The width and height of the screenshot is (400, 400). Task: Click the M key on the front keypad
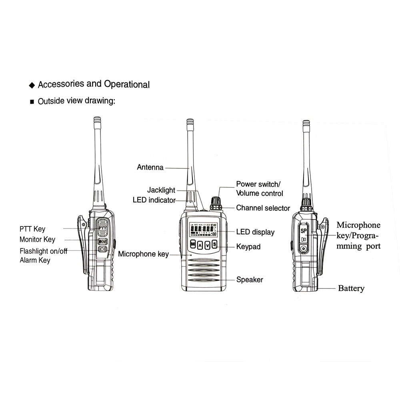(x=193, y=244)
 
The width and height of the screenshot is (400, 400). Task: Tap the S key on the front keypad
(x=214, y=244)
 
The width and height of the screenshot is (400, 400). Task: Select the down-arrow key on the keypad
(x=207, y=245)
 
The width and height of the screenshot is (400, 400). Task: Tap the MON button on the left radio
(x=102, y=241)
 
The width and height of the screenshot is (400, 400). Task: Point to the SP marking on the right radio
(x=304, y=231)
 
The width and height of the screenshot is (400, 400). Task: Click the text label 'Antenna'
(x=150, y=168)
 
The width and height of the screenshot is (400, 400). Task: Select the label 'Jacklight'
(x=161, y=190)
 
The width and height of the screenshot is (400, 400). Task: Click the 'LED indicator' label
(x=154, y=200)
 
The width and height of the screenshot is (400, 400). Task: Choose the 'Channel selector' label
(x=263, y=208)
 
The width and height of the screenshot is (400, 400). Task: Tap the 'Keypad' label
(x=248, y=247)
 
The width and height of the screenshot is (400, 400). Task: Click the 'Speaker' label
(x=250, y=280)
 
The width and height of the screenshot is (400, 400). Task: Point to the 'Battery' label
(x=351, y=288)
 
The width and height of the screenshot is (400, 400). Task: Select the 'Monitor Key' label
(x=37, y=240)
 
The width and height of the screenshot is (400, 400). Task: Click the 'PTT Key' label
(x=32, y=229)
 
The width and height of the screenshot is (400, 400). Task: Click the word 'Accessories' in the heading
(x=61, y=84)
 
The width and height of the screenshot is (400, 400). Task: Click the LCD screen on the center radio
(x=204, y=231)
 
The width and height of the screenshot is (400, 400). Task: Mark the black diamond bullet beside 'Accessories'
(x=32, y=86)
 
